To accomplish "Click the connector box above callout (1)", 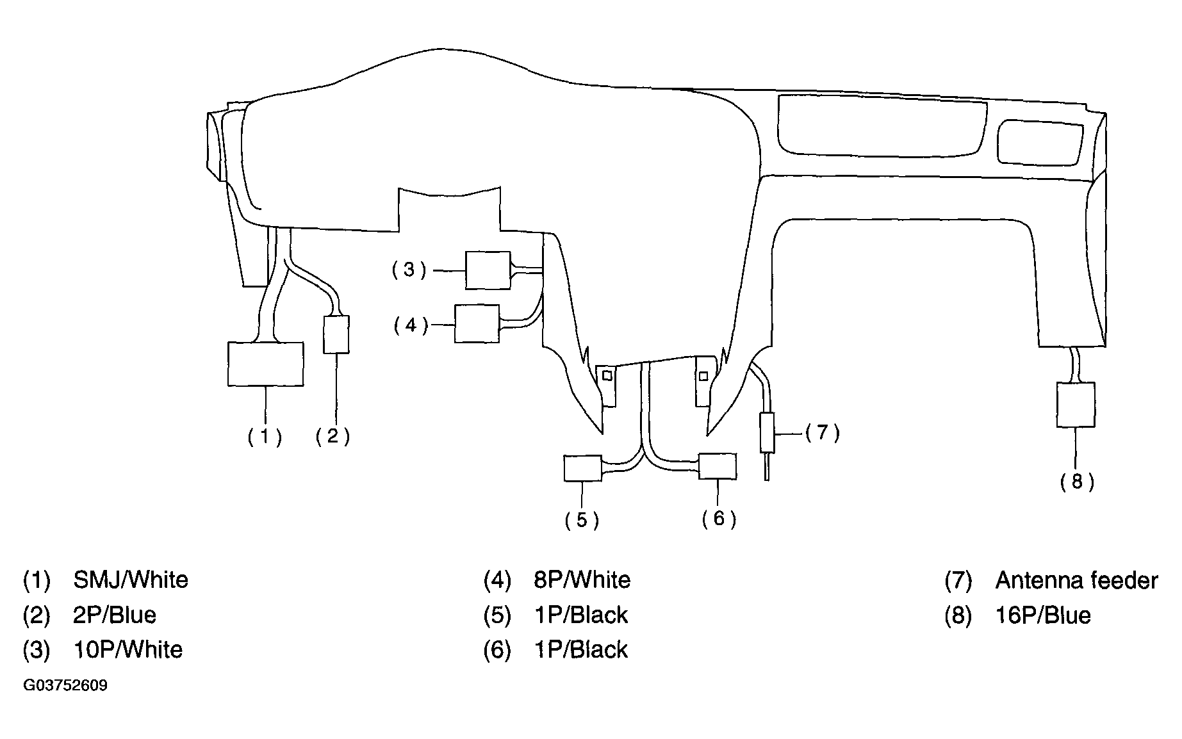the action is click(x=266, y=364).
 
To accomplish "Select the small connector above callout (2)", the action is click(x=336, y=334).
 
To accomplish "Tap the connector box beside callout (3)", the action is click(x=488, y=270).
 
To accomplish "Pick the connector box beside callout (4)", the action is click(x=477, y=323).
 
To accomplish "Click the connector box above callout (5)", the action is click(x=582, y=467).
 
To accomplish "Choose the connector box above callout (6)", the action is click(x=718, y=466).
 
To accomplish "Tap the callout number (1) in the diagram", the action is click(x=265, y=437).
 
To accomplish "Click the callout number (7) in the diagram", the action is click(x=823, y=433).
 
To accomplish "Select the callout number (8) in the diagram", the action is click(x=1077, y=481).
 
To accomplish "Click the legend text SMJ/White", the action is click(x=131, y=580).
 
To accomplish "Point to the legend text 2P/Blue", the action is click(x=115, y=615).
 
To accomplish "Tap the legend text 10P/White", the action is click(x=128, y=649).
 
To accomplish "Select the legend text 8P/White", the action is click(x=582, y=580).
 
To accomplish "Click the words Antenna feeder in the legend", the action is click(x=1077, y=580).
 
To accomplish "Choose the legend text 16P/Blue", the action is click(x=1044, y=615).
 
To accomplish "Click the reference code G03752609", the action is click(x=65, y=686).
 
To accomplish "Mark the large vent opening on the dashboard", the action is click(x=881, y=126).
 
